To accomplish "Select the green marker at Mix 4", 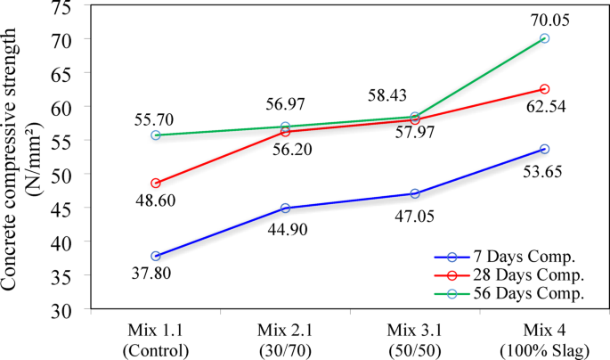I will click(x=544, y=39).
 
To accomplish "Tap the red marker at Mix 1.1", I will click(x=156, y=184).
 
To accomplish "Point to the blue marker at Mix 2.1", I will click(x=285, y=209).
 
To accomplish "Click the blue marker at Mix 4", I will click(x=544, y=149).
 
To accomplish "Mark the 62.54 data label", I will click(x=544, y=108).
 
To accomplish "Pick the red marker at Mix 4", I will click(x=544, y=89).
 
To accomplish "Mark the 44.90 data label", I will click(x=285, y=227).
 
